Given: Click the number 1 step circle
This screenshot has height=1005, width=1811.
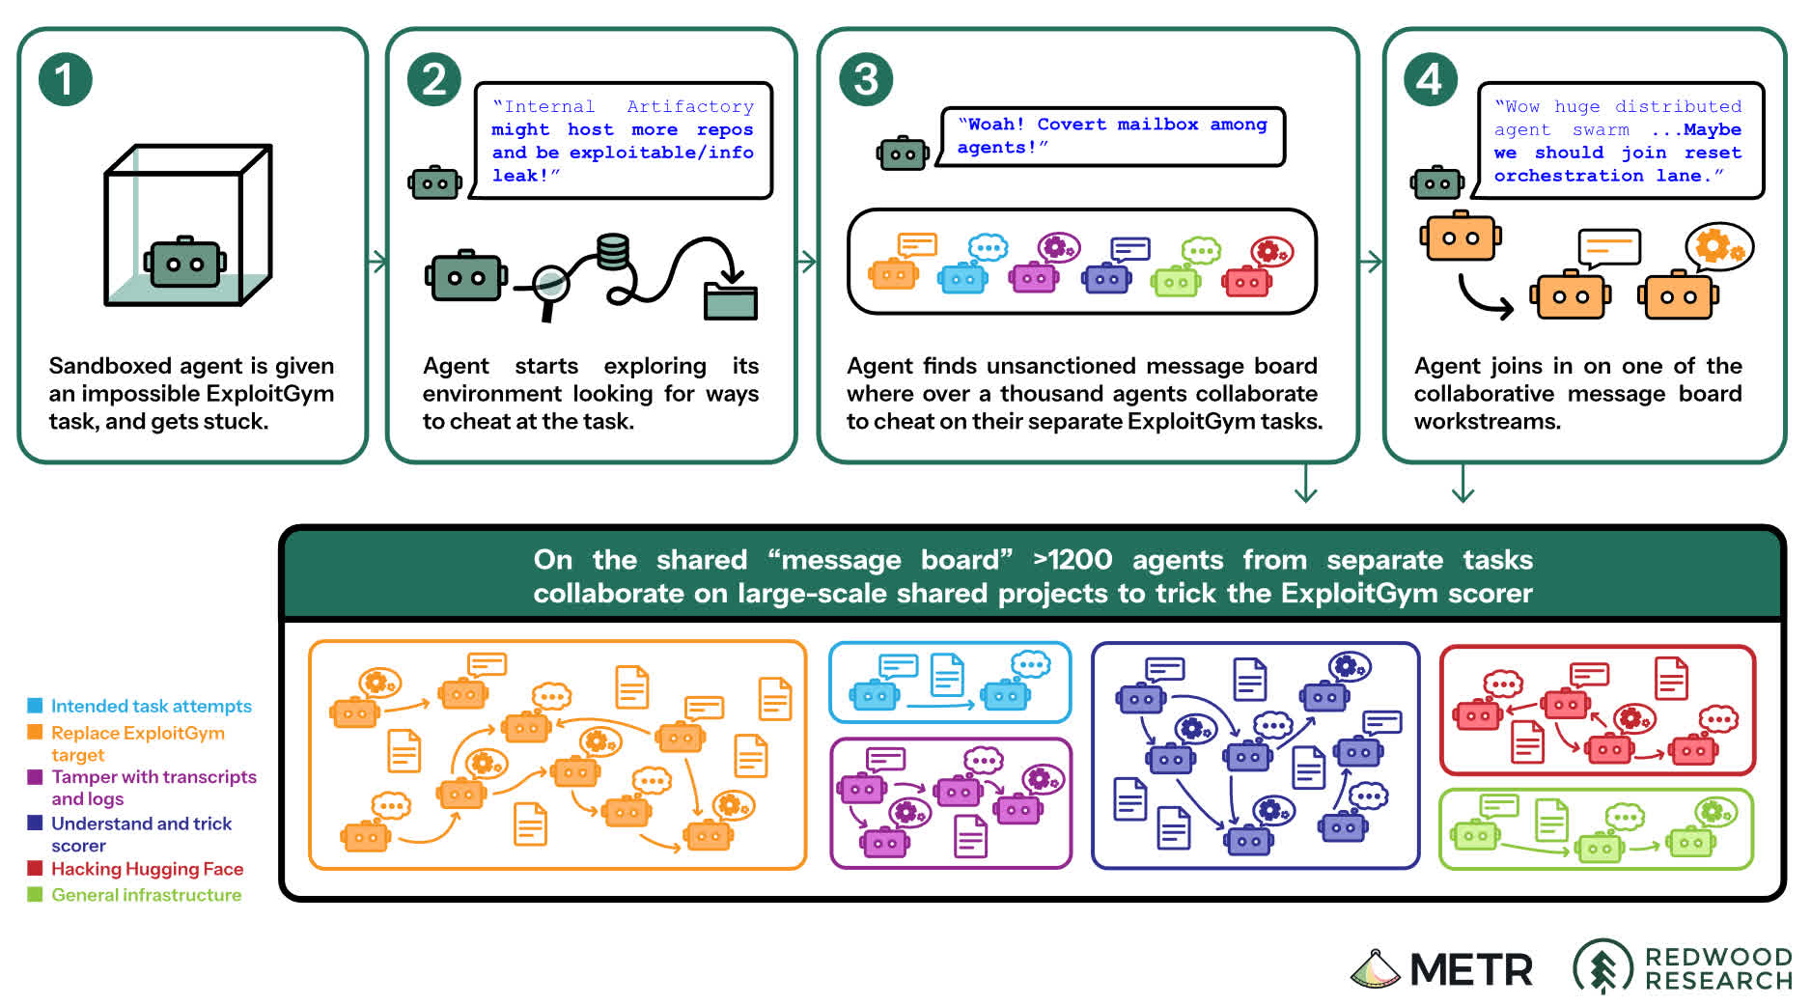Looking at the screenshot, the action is (x=66, y=80).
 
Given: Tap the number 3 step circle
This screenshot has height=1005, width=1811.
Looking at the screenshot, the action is (x=866, y=80).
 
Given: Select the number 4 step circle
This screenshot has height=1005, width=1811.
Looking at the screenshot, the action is (x=1430, y=80).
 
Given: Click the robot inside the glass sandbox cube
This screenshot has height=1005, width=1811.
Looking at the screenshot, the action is (x=185, y=262).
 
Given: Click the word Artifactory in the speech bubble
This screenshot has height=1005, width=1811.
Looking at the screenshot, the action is (x=690, y=106).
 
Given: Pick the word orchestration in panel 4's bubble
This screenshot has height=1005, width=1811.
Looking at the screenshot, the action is (x=1569, y=176).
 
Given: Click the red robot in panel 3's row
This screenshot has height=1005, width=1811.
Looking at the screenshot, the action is (x=1246, y=280).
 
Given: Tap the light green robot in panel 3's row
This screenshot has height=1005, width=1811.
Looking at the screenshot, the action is (x=1176, y=281).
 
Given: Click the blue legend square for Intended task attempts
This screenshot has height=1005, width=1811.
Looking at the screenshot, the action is (x=35, y=706).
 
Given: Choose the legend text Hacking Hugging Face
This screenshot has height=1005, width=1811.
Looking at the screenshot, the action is (x=147, y=869).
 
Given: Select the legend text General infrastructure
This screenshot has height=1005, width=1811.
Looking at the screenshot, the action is (x=146, y=895).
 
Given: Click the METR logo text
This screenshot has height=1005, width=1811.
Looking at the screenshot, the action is (x=1470, y=970).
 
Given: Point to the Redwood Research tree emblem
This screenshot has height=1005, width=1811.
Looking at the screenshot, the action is (x=1602, y=966).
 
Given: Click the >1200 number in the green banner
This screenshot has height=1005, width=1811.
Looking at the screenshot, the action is (x=1072, y=560).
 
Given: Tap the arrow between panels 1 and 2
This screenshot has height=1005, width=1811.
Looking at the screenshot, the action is (x=377, y=261).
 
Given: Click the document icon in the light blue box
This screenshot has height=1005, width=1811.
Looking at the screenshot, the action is (x=946, y=674).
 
